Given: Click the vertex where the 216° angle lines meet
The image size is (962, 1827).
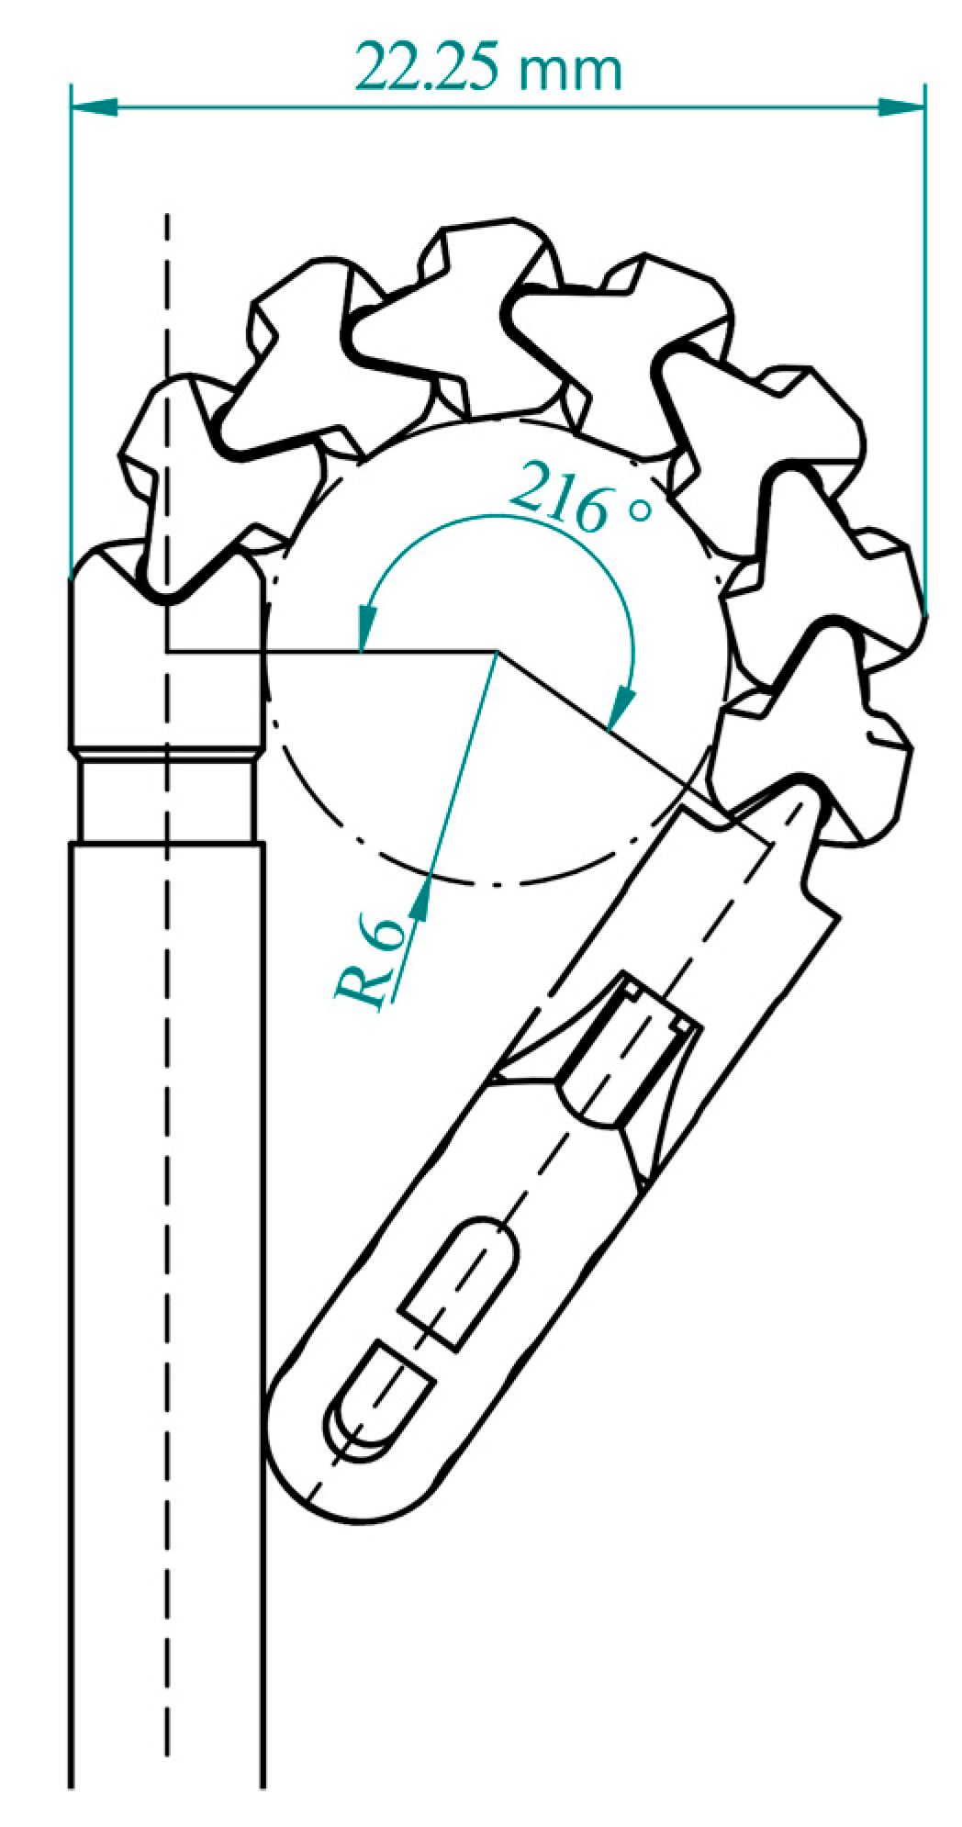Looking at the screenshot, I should (x=497, y=652).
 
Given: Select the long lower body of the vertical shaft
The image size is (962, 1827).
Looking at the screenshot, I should (x=167, y=1285).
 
